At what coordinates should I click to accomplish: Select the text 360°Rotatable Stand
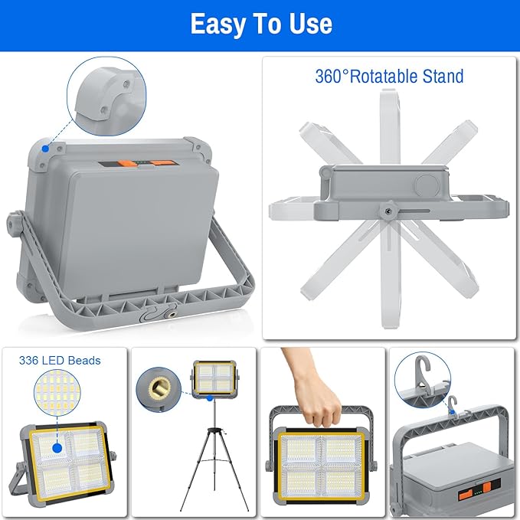[389, 77]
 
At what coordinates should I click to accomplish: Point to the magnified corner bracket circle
[108, 96]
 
